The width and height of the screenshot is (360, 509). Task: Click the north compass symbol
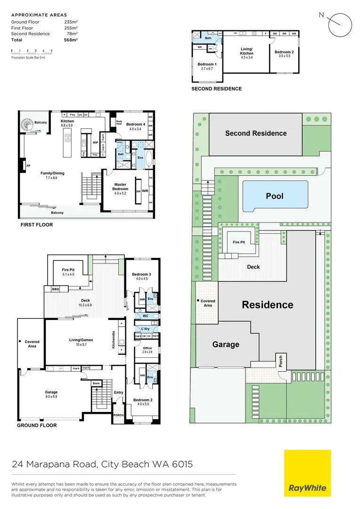click(x=340, y=25)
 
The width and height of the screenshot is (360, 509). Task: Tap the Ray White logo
click(x=307, y=473)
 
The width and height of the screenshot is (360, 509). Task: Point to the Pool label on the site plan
click(x=275, y=196)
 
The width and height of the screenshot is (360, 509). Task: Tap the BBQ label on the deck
click(x=56, y=289)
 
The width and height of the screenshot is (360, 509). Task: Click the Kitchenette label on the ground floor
click(x=113, y=339)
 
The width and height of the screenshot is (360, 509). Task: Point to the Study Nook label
click(x=119, y=123)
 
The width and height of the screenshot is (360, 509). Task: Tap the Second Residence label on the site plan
click(x=256, y=133)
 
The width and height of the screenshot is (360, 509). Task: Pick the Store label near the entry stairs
click(x=97, y=384)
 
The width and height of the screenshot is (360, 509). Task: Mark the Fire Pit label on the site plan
click(x=239, y=242)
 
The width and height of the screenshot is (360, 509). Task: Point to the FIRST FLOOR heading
click(x=37, y=225)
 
